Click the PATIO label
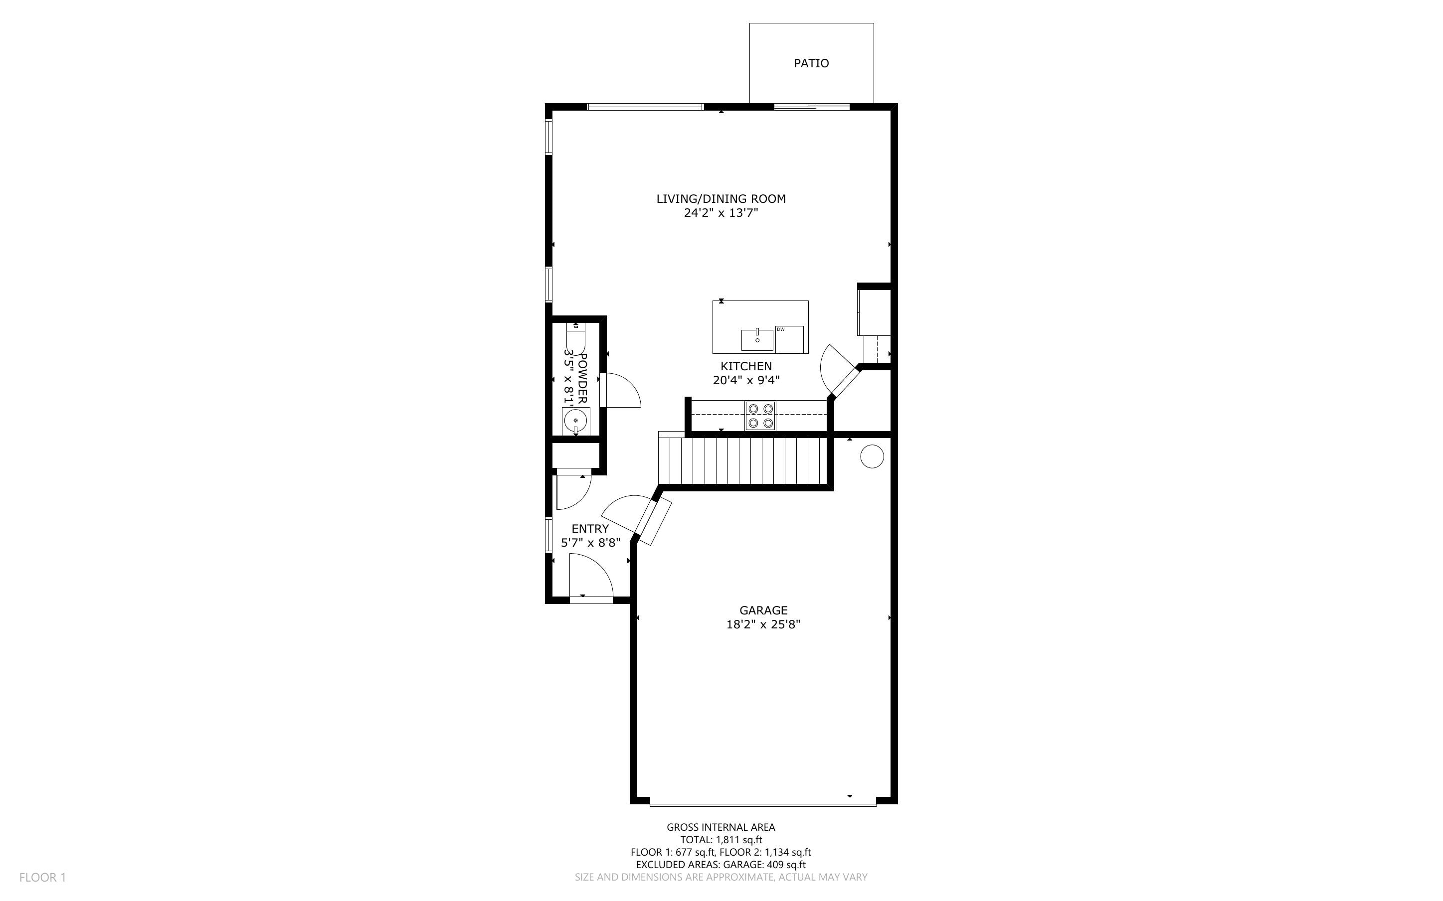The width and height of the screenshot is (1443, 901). coord(811,63)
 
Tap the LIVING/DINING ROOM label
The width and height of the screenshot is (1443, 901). coord(721,199)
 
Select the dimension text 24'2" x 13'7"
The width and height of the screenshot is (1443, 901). coord(721,213)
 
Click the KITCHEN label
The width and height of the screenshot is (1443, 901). coord(746,366)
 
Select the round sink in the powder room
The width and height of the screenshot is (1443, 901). coord(576,421)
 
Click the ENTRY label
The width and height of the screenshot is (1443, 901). coord(590,529)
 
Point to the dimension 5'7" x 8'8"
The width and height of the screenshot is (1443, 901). coord(591,543)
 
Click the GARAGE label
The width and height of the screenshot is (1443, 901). coord(763,610)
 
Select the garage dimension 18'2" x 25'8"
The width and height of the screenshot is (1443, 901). coord(763,624)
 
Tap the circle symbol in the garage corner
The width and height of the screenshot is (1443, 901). coord(872,456)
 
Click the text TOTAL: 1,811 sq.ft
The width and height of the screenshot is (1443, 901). coord(721,840)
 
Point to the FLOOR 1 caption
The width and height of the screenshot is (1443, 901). coord(43,877)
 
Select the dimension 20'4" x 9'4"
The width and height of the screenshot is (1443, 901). coord(746,380)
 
